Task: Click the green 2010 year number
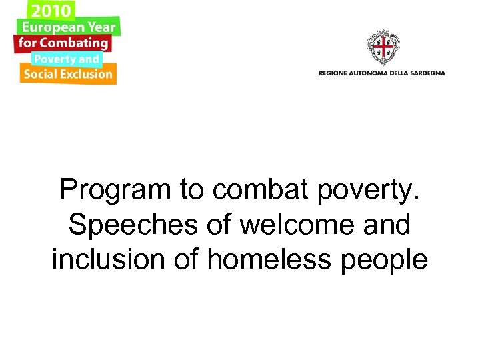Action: point(49,11)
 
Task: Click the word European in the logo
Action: point(53,27)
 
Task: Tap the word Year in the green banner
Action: point(101,27)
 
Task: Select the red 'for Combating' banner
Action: point(63,43)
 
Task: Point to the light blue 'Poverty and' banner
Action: point(66,59)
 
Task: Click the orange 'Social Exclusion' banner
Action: point(67,74)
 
